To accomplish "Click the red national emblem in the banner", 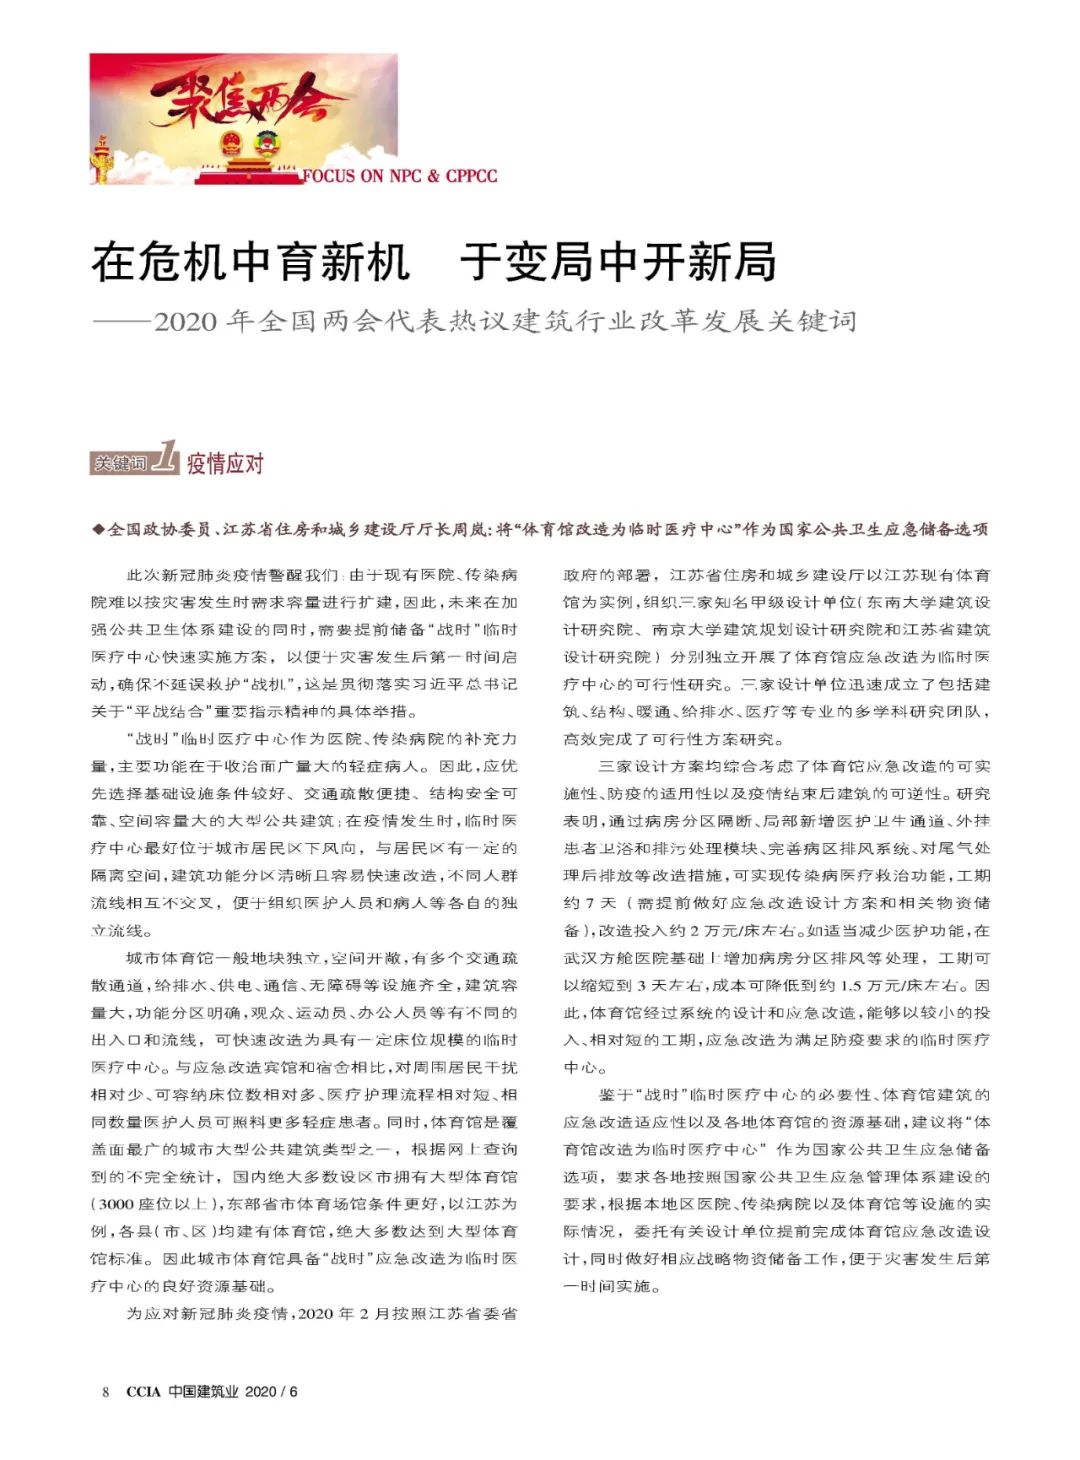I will tap(232, 141).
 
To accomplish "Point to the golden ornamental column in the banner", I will tap(100, 161).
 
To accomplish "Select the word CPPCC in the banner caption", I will tap(471, 176).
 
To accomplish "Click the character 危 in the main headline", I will tap(161, 262).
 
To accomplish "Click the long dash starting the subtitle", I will tap(121, 321).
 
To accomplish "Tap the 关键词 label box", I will tap(120, 463).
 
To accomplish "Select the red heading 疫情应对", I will tap(225, 463).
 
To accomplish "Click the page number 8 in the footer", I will tap(105, 1391).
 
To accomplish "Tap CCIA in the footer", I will tap(143, 1391).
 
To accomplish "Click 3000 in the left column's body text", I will tap(116, 1204).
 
